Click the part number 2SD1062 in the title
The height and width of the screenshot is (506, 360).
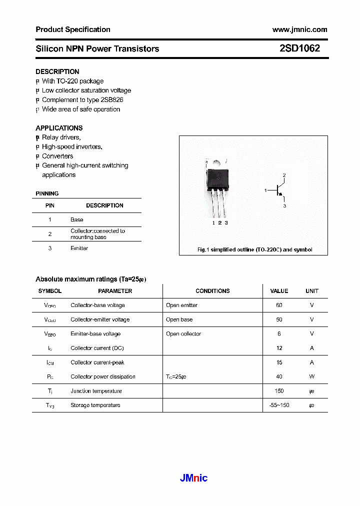299,48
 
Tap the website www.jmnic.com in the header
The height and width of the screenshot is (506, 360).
299,29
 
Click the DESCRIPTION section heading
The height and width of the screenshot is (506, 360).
57,71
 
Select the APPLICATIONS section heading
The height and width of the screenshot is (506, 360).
59,128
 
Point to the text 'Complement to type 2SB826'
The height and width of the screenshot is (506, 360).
82,99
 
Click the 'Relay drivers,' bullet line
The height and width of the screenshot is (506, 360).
61,137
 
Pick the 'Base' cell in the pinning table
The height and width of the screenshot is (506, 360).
76,219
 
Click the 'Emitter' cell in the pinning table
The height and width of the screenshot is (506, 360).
79,248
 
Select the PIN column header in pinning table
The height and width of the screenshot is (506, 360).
50,205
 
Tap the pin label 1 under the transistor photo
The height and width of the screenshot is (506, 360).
213,222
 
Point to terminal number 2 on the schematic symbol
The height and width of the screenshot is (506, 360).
284,175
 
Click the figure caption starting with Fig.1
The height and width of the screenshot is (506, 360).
254,249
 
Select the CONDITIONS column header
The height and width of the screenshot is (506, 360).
212,291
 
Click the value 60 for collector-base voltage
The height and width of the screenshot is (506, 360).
279,305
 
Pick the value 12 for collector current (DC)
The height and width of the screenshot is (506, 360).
279,348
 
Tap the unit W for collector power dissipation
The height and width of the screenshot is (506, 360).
311,376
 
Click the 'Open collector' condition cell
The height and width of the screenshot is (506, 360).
183,333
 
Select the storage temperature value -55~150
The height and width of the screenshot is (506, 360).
279,405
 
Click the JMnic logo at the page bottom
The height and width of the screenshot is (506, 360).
193,478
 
